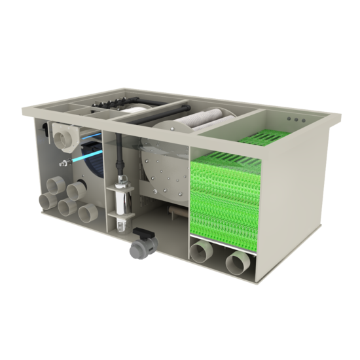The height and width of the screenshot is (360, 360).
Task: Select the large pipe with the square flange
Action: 66,135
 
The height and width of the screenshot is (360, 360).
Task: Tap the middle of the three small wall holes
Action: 299,120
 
